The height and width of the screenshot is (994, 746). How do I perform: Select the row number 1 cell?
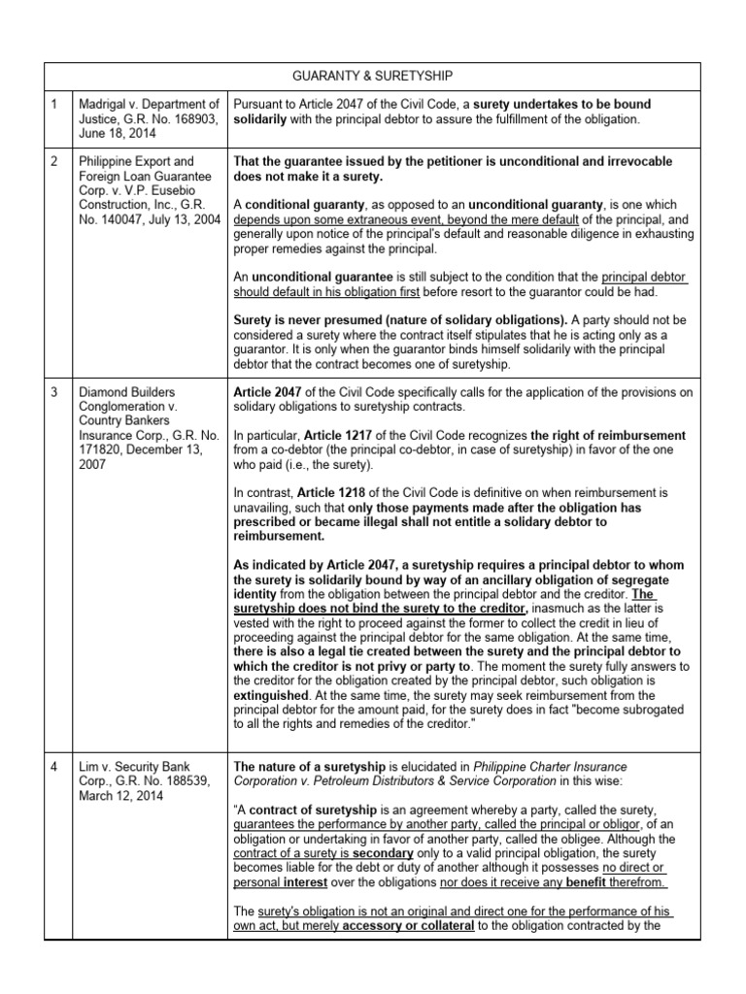pyautogui.click(x=55, y=104)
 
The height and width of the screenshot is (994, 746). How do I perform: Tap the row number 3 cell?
pyautogui.click(x=55, y=391)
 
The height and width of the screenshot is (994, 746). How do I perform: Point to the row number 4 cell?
pyautogui.click(x=55, y=739)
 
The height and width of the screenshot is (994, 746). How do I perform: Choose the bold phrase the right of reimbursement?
pyautogui.click(x=609, y=436)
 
